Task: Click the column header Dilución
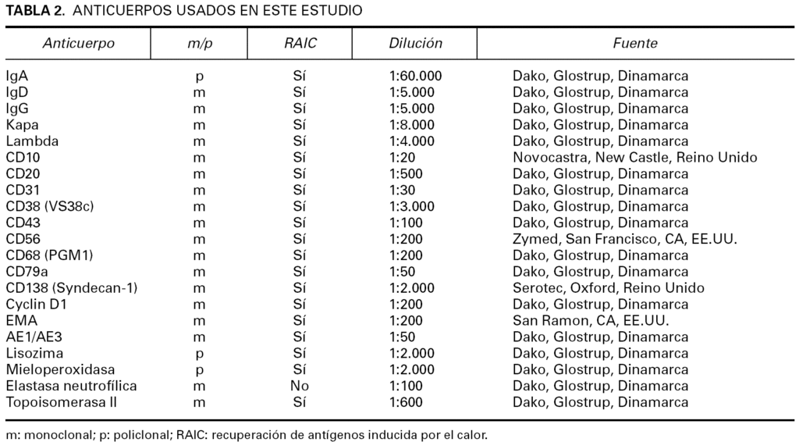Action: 415,44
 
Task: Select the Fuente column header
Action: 634,44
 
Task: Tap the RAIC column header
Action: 300,44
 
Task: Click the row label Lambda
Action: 32,141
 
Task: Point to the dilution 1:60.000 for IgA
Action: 415,77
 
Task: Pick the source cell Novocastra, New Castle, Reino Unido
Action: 634,158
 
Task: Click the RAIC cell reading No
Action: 300,386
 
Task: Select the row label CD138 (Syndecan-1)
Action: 71,288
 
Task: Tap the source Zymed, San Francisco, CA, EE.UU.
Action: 624,239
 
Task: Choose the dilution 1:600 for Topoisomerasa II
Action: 406,402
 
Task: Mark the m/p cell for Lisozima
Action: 200,353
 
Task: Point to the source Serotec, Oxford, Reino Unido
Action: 608,288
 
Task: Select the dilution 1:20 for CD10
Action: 403,158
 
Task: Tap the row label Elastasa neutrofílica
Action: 71,386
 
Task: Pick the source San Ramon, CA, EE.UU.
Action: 590,320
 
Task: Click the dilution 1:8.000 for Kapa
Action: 411,125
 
